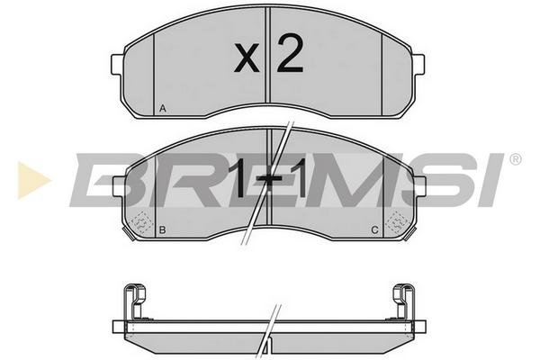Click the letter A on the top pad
pyautogui.click(x=163, y=109)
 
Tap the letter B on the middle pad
pyautogui.click(x=163, y=229)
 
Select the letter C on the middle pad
pyautogui.click(x=375, y=229)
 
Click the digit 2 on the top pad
pyautogui.click(x=290, y=53)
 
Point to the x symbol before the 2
pyautogui.click(x=247, y=58)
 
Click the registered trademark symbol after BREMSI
pyautogui.click(x=515, y=159)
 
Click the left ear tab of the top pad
pyautogui.click(x=117, y=64)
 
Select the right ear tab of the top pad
pyautogui.click(x=418, y=64)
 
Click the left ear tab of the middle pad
pyautogui.click(x=119, y=186)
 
